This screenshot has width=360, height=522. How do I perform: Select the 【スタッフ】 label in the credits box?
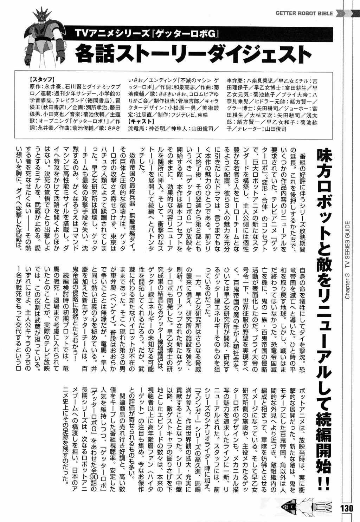[42, 79]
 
